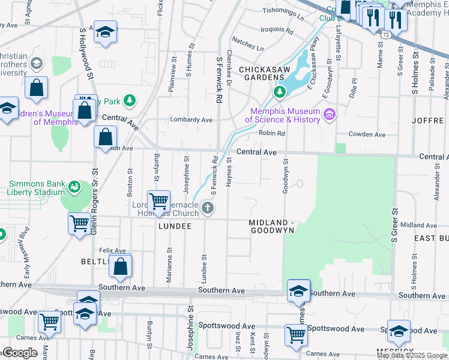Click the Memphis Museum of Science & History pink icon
[329, 114]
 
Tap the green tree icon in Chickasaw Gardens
[279, 92]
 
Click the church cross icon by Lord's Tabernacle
[208, 208]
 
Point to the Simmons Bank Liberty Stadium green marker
[74, 187]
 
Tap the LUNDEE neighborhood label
[175, 226]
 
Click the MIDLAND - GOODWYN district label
[271, 226]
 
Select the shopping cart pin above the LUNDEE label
[158, 201]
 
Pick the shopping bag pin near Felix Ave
[121, 265]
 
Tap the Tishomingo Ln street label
[283, 11]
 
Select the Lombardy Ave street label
[191, 119]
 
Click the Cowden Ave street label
[367, 135]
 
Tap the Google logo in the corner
[20, 352]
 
